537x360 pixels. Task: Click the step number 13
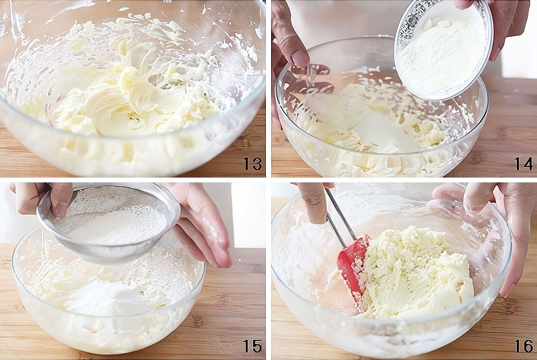coord(253,163)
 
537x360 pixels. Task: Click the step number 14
coord(524,163)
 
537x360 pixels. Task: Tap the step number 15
coord(253,346)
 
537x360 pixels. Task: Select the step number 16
coord(524,346)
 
